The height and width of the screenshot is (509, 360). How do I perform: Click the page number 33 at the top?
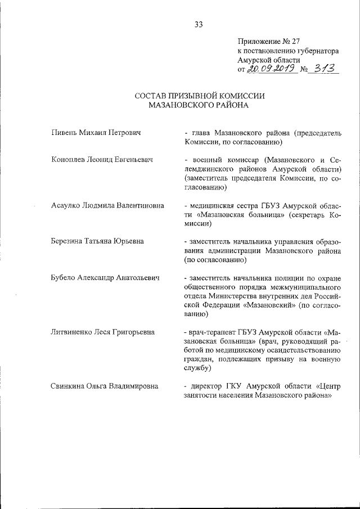[199, 24]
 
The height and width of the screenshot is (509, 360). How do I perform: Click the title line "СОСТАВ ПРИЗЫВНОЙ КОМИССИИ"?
[199, 96]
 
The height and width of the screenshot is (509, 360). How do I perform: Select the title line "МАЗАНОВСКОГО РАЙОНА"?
[199, 105]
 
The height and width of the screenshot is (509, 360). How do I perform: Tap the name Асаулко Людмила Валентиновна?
[107, 205]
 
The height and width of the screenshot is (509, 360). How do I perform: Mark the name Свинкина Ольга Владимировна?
[104, 386]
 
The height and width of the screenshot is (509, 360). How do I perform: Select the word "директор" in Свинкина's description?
[208, 386]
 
